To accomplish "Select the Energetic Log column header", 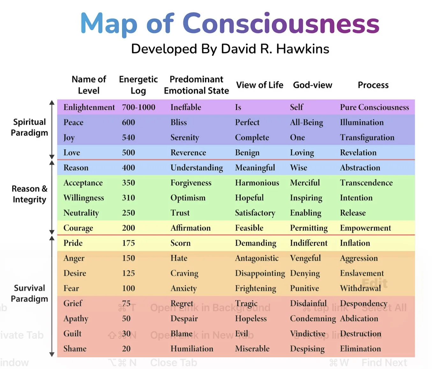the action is tap(138, 85).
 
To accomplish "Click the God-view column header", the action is tap(312, 85).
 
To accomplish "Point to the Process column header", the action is tap(373, 85).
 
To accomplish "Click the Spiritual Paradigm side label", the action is tap(29, 127).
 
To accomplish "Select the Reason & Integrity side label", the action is tap(29, 194).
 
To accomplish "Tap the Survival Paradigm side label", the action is tap(29, 293).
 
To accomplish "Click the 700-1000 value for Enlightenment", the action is tap(139, 107).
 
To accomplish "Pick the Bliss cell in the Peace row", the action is tap(179, 122).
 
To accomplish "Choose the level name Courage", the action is tap(78, 228).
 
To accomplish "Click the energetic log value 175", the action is tap(128, 243).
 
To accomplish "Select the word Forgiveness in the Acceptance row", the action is tap(191, 183).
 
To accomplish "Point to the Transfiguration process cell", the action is tap(367, 138).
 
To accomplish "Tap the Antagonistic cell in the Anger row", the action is tap(257, 258).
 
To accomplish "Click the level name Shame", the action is tap(75, 349).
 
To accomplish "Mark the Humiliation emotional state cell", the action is tap(192, 349).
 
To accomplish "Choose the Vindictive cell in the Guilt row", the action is tap(308, 334).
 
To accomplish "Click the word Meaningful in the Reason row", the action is tap(255, 168).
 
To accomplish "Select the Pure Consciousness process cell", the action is tap(374, 107).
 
